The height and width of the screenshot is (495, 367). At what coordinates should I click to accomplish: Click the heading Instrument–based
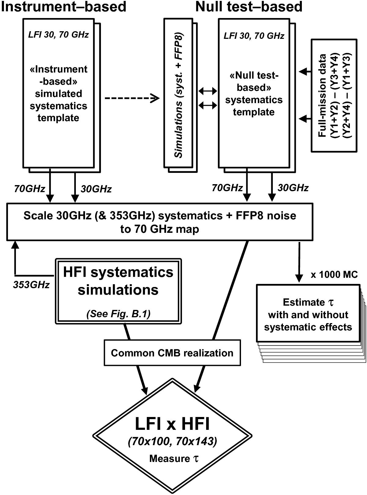click(63, 7)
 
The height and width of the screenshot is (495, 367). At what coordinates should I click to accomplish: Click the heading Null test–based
click(249, 7)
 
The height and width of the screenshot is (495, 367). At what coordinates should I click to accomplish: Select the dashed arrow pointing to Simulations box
click(132, 99)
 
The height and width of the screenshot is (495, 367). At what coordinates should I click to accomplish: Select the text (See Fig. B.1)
click(118, 314)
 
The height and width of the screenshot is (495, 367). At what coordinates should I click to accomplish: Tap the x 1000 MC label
click(334, 274)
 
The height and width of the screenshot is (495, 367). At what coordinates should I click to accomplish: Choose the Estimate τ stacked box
click(308, 314)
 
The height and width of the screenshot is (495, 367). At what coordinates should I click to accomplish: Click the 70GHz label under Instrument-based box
click(30, 189)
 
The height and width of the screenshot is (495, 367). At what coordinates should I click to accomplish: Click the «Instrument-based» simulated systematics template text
click(58, 93)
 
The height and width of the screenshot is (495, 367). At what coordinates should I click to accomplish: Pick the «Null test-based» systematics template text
click(254, 94)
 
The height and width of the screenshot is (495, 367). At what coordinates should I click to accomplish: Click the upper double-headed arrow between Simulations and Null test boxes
click(208, 91)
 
